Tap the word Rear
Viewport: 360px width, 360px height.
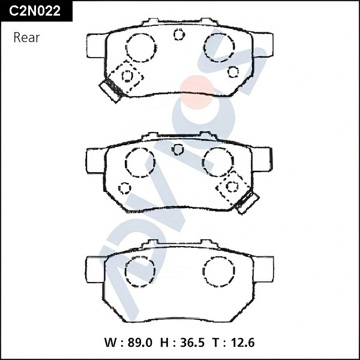(26, 37)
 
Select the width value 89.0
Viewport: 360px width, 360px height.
(139, 343)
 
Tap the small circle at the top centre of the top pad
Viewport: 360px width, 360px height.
(179, 34)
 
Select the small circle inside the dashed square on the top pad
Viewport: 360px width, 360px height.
(127, 76)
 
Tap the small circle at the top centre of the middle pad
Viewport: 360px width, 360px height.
(177, 149)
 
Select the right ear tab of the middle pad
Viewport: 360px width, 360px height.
(262, 161)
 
